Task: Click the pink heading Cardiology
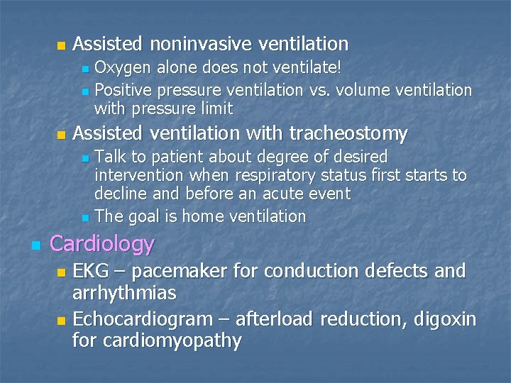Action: tap(102, 244)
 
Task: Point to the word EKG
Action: tap(91, 271)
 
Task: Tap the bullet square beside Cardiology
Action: tap(35, 245)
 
